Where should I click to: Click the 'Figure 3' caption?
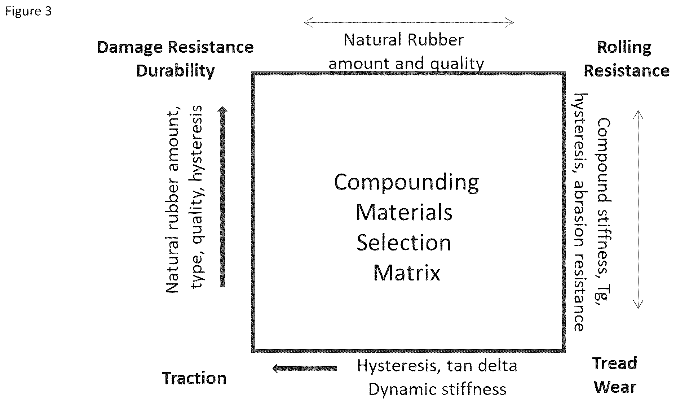(28, 12)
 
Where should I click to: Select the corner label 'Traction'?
(194, 378)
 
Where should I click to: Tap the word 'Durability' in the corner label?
(175, 71)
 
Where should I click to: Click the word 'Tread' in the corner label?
(615, 363)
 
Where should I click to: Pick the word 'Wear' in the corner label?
(615, 387)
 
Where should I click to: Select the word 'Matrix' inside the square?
(406, 273)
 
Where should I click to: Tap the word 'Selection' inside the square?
(404, 243)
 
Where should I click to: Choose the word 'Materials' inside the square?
(404, 212)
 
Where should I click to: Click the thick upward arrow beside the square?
(223, 197)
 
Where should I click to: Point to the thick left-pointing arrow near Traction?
(305, 368)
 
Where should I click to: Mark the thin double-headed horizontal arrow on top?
(409, 22)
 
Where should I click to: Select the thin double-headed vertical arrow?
(638, 209)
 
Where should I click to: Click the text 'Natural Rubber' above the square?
(403, 40)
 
